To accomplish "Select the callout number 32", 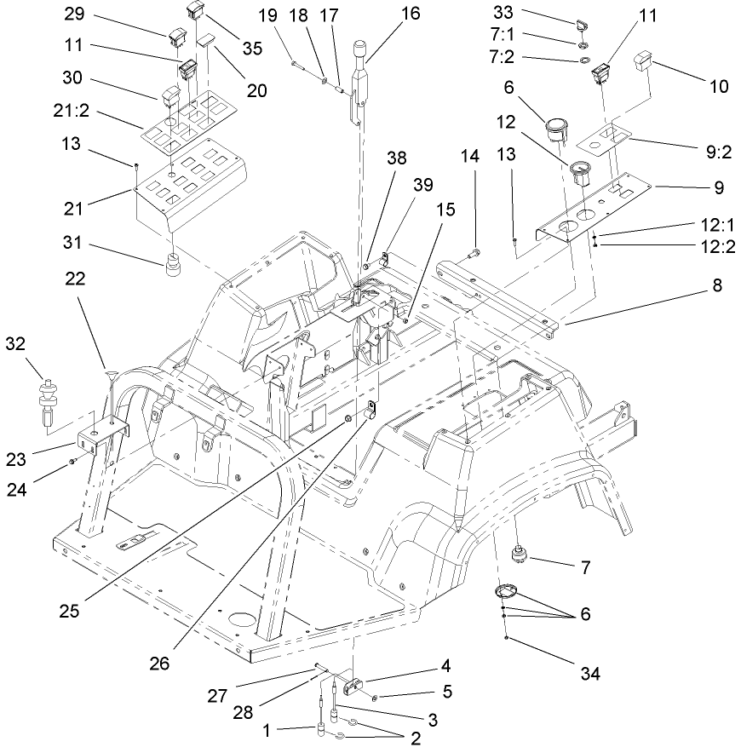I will point(15,344).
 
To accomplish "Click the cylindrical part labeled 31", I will point(175,265).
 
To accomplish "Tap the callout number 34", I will point(589,674).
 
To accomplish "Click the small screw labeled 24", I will point(74,461).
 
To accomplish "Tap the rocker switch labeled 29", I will point(178,37).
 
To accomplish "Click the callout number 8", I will point(717,286).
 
